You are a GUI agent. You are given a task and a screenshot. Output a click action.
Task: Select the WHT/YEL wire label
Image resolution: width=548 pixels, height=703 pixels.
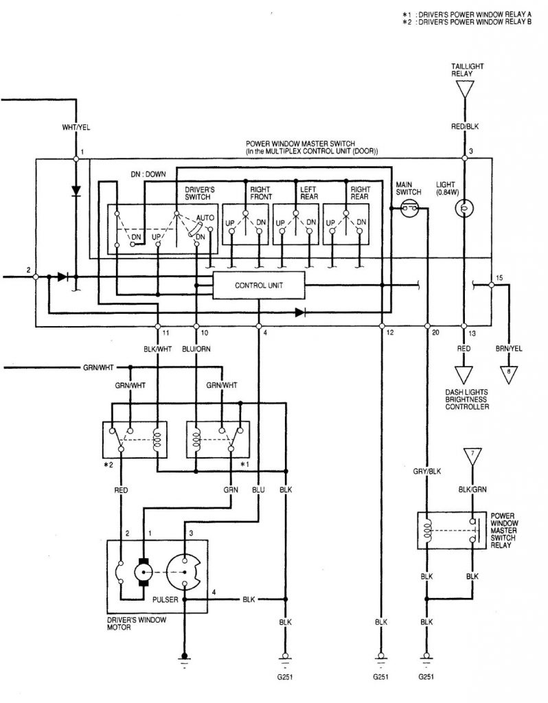(x=76, y=128)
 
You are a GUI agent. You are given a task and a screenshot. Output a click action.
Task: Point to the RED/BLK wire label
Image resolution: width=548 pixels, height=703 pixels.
(x=465, y=127)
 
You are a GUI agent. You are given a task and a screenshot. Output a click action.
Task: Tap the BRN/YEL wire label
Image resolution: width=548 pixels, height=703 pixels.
(x=509, y=349)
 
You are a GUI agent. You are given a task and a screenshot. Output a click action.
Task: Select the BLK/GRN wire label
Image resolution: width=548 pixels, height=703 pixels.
(x=472, y=490)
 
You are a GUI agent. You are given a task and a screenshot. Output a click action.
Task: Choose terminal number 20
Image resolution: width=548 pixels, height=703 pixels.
(x=435, y=333)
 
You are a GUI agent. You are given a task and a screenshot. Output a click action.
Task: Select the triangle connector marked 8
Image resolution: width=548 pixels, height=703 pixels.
(x=509, y=373)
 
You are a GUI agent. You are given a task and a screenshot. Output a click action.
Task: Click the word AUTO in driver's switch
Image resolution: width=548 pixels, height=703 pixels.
(x=205, y=216)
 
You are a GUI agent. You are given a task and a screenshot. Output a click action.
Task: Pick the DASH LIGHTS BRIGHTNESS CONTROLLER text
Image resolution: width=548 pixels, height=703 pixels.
(x=465, y=400)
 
